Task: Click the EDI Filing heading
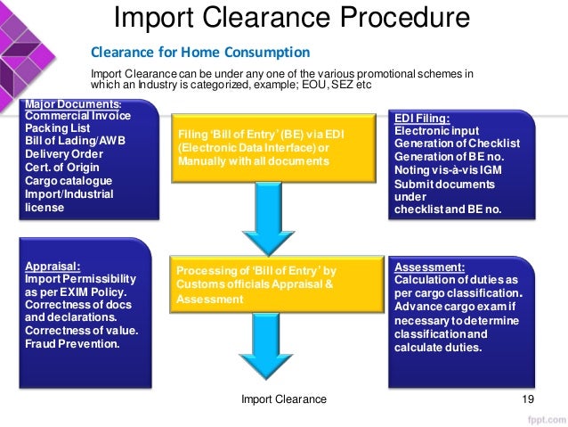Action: tap(421, 118)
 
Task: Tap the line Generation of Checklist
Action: tap(456, 144)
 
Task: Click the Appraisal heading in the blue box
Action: tap(53, 266)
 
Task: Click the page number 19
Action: tap(528, 400)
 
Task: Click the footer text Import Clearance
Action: tap(284, 400)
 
